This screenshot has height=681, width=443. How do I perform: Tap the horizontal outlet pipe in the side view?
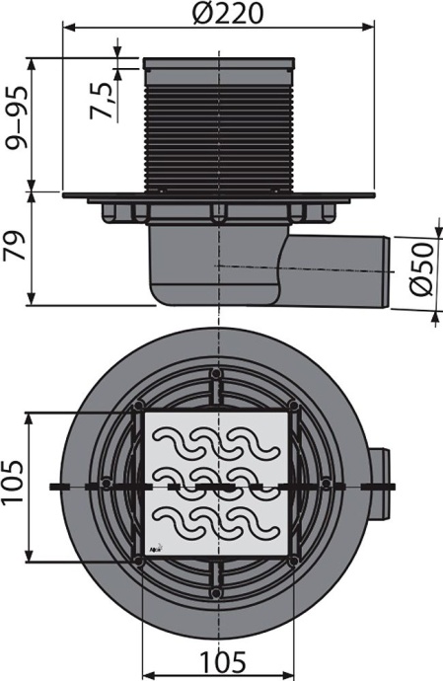tap(340, 266)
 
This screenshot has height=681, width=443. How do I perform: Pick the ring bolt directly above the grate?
tap(217, 375)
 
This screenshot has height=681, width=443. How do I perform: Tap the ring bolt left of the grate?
tap(108, 485)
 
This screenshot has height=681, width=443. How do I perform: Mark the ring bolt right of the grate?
tap(327, 485)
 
